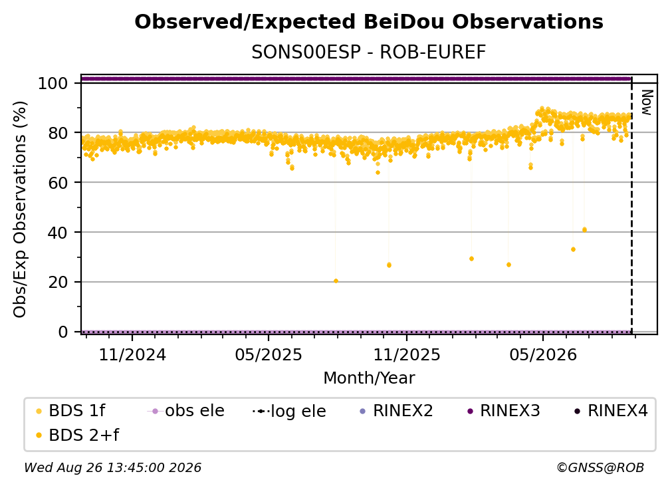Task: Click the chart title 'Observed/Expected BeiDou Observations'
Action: pyautogui.click(x=369, y=22)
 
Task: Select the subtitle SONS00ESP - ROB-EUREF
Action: pyautogui.click(x=369, y=53)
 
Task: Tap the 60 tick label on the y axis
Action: pyautogui.click(x=58, y=183)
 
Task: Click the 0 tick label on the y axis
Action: pyautogui.click(x=63, y=332)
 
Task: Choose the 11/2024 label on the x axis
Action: pyautogui.click(x=132, y=355)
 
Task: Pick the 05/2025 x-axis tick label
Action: pyautogui.click(x=269, y=355)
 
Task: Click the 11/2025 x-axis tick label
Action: pyautogui.click(x=407, y=355)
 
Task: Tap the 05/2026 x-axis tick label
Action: pyautogui.click(x=543, y=355)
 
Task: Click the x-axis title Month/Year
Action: pyautogui.click(x=369, y=378)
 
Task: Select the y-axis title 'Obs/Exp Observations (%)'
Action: pyautogui.click(x=20, y=209)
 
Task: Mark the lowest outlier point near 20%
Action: pyautogui.click(x=336, y=281)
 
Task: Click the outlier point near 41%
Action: pyautogui.click(x=584, y=230)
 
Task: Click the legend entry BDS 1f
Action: pyautogui.click(x=70, y=411)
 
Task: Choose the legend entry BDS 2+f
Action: pyautogui.click(x=77, y=435)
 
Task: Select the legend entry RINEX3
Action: pyautogui.click(x=504, y=411)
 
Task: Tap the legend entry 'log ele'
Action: pyautogui.click(x=289, y=412)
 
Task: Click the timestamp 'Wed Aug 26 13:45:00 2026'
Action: pyautogui.click(x=113, y=468)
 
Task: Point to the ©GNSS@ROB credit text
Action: pyautogui.click(x=600, y=468)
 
